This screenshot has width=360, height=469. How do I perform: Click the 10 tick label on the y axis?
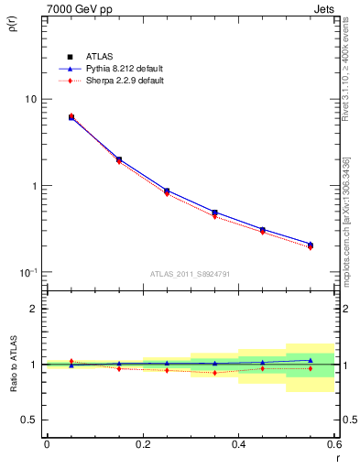click(29, 99)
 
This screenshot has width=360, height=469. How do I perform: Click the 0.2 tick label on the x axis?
click(142, 444)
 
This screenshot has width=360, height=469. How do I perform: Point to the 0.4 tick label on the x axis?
click(238, 444)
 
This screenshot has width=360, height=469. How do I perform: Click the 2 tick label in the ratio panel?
click(33, 310)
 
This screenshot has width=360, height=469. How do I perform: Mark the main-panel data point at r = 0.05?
click(71, 117)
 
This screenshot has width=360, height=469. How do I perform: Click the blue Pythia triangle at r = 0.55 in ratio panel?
click(311, 360)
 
